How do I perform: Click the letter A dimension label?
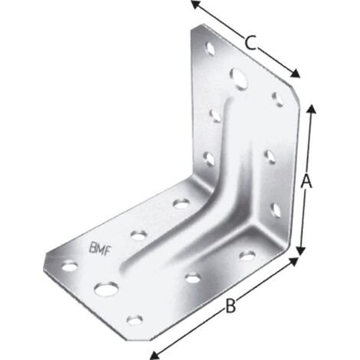click(x=306, y=181)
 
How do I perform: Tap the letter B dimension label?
click(x=231, y=306)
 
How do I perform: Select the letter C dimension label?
click(x=250, y=43)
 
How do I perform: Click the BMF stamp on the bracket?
click(x=100, y=249)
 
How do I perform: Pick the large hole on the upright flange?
click(x=240, y=79)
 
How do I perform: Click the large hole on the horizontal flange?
click(x=106, y=289)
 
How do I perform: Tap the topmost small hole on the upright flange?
click(x=211, y=48)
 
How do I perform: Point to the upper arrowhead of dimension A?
click(x=311, y=110)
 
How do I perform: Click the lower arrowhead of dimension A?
click(x=302, y=250)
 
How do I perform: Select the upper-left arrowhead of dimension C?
click(x=196, y=5)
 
